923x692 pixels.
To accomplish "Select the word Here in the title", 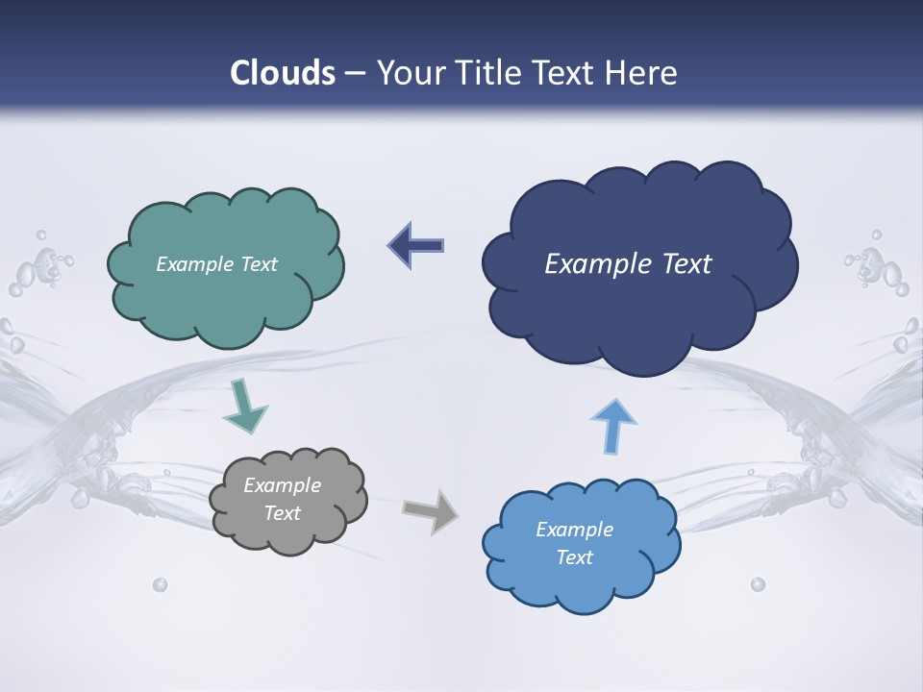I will (x=644, y=73).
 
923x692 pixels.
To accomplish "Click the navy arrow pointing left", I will (x=415, y=246).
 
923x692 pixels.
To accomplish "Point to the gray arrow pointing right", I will (x=430, y=510).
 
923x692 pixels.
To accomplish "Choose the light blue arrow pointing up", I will (x=612, y=424).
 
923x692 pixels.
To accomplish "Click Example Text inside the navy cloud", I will (x=628, y=264).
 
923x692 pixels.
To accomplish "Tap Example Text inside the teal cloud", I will (x=216, y=264).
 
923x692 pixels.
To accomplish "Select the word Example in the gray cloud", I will (x=282, y=485).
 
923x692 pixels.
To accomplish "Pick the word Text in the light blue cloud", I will (x=575, y=557).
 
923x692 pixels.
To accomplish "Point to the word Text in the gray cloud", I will (x=282, y=513).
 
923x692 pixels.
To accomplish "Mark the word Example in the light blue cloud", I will (x=574, y=530).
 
